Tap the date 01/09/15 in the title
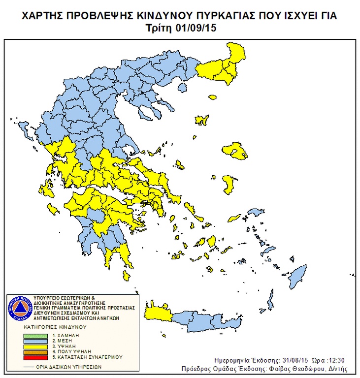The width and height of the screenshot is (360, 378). click(196, 28)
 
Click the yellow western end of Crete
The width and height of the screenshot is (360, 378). click(158, 312)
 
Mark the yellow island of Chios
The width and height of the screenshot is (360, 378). click(228, 185)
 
